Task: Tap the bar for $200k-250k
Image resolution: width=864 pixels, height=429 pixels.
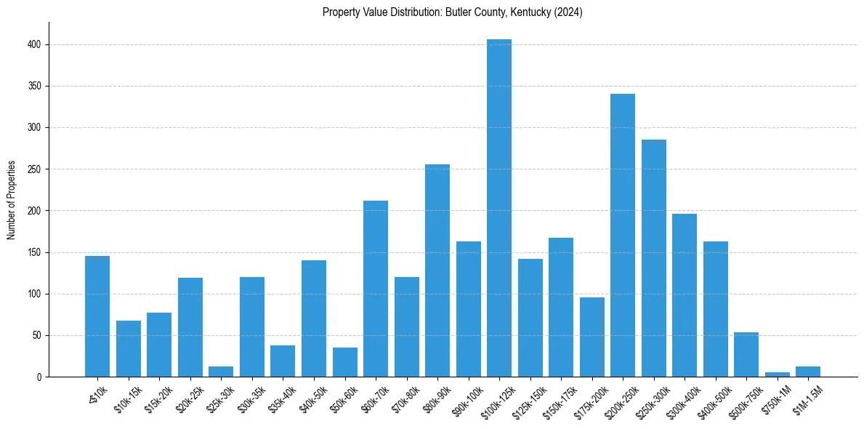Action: click(623, 236)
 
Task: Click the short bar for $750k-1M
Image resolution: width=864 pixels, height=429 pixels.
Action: click(778, 374)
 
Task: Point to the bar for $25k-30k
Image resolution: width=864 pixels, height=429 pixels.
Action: click(221, 372)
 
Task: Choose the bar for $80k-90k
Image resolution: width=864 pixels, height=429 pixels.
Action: click(437, 270)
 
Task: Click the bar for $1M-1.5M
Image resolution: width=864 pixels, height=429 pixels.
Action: click(808, 372)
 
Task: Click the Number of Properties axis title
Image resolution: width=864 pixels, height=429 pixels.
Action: click(12, 200)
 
